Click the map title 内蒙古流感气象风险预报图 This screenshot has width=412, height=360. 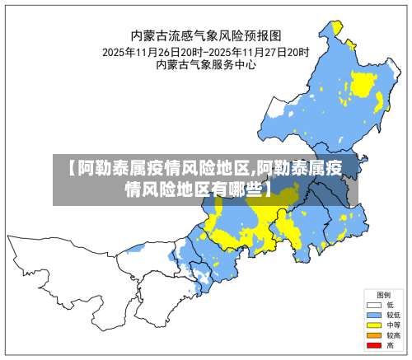207,35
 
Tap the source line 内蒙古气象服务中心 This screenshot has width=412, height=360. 207,64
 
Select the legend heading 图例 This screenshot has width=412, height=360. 383,294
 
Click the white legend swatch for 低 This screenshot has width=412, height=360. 373,305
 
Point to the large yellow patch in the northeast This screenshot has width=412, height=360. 363,83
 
